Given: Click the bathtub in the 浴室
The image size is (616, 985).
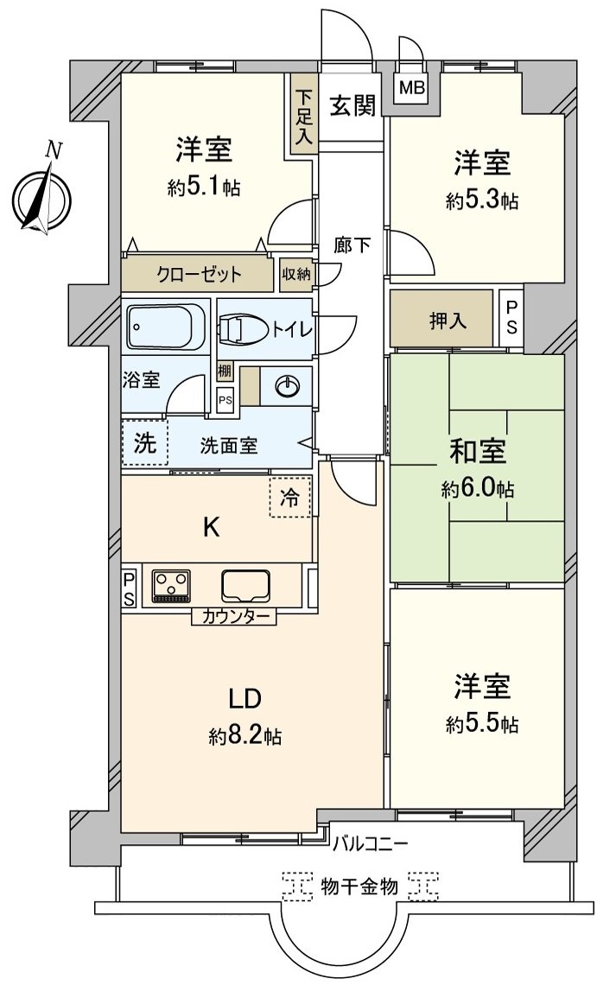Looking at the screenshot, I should pos(167,327).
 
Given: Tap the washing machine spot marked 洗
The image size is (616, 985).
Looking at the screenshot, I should pos(145,444).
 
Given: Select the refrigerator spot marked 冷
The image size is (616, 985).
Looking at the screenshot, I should pos(290,498).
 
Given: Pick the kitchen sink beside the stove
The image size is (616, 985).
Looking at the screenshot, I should pos(246,586).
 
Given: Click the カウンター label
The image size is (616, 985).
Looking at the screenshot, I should pos(234,617).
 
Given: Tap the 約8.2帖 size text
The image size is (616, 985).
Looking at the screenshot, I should pos(244,736).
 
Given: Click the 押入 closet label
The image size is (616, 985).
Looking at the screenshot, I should pos(448,321).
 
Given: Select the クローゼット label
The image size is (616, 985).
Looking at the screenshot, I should pos(199,275).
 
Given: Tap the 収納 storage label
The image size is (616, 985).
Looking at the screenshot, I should pos(295,274).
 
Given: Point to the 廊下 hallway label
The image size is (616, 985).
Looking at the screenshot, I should pos(352,245).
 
